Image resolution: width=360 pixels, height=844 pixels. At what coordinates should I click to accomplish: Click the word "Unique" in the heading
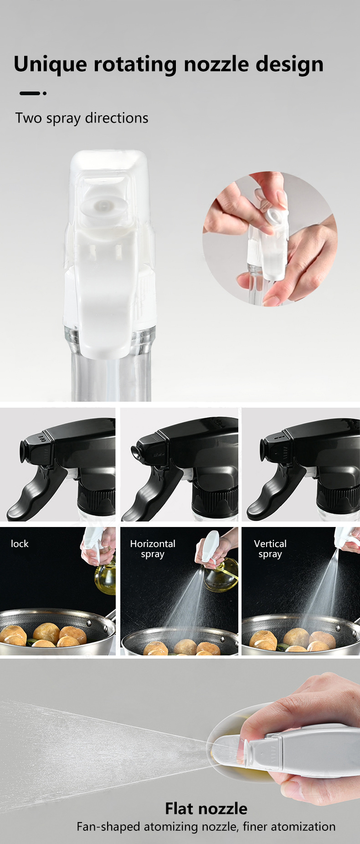coord(50,64)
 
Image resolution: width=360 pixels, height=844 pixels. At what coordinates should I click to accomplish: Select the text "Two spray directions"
coord(82,118)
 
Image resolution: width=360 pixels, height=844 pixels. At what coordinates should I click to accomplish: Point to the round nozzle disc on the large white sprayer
coord(103,206)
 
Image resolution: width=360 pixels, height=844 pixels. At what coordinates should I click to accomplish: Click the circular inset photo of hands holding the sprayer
coord(270,239)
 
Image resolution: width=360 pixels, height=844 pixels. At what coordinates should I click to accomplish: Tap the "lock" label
coord(20,544)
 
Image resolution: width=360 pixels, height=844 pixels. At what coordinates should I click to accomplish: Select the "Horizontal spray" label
coord(153,549)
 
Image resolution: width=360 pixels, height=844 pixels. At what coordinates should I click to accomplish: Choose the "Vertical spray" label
coord(270,549)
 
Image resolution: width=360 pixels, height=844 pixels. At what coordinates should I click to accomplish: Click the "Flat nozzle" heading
coord(206,808)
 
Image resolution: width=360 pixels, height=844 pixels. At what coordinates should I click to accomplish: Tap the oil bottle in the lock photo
coord(105,574)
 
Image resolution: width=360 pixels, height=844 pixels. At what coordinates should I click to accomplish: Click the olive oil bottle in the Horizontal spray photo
coord(221,575)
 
